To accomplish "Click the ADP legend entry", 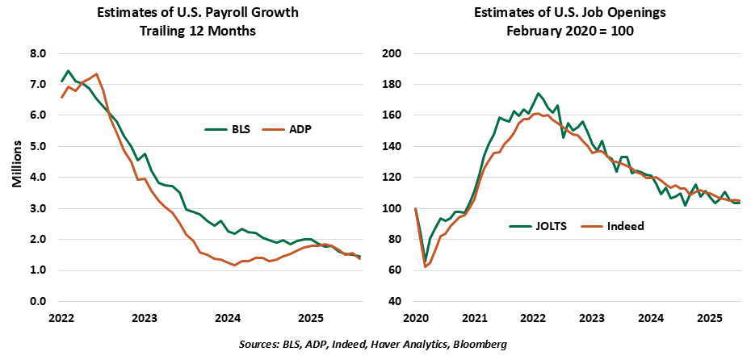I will pyautogui.click(x=287, y=128).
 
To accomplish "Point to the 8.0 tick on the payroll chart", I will pyautogui.click(x=39, y=54).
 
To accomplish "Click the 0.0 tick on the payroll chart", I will pyautogui.click(x=39, y=302).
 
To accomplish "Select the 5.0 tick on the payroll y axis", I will pyautogui.click(x=39, y=147).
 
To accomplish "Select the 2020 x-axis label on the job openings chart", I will pyautogui.click(x=415, y=319).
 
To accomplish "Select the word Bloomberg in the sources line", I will pyautogui.click(x=479, y=345).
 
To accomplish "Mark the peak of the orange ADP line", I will pyautogui.click(x=97, y=74).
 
